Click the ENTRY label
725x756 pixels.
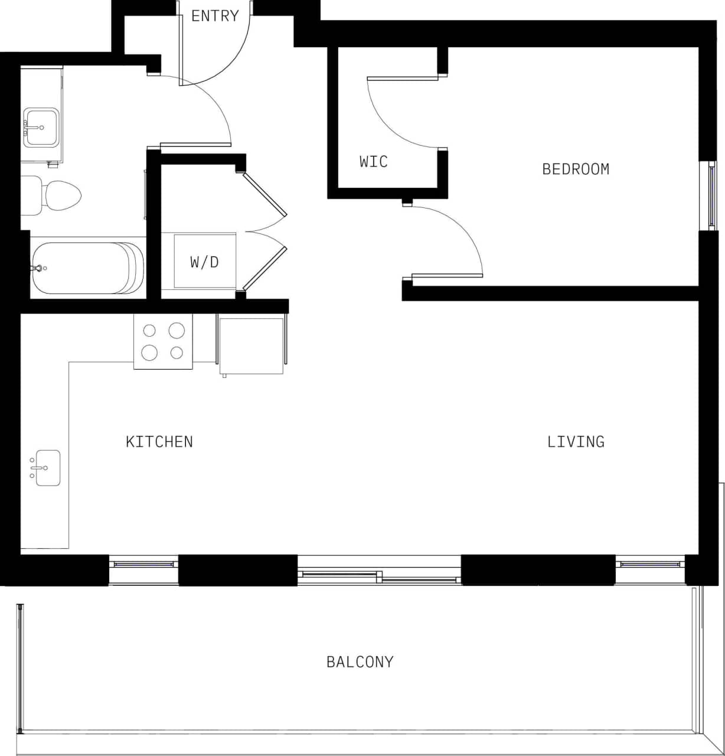215,16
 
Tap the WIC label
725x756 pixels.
374,161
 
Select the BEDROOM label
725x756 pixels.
576,170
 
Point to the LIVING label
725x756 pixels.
576,442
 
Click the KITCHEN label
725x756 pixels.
159,442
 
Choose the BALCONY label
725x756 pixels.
360,661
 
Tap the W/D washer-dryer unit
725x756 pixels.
204,261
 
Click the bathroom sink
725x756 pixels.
41,127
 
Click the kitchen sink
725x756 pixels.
47,468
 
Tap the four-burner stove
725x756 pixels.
163,341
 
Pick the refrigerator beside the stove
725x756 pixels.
252,345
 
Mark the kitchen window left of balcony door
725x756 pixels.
143,564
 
